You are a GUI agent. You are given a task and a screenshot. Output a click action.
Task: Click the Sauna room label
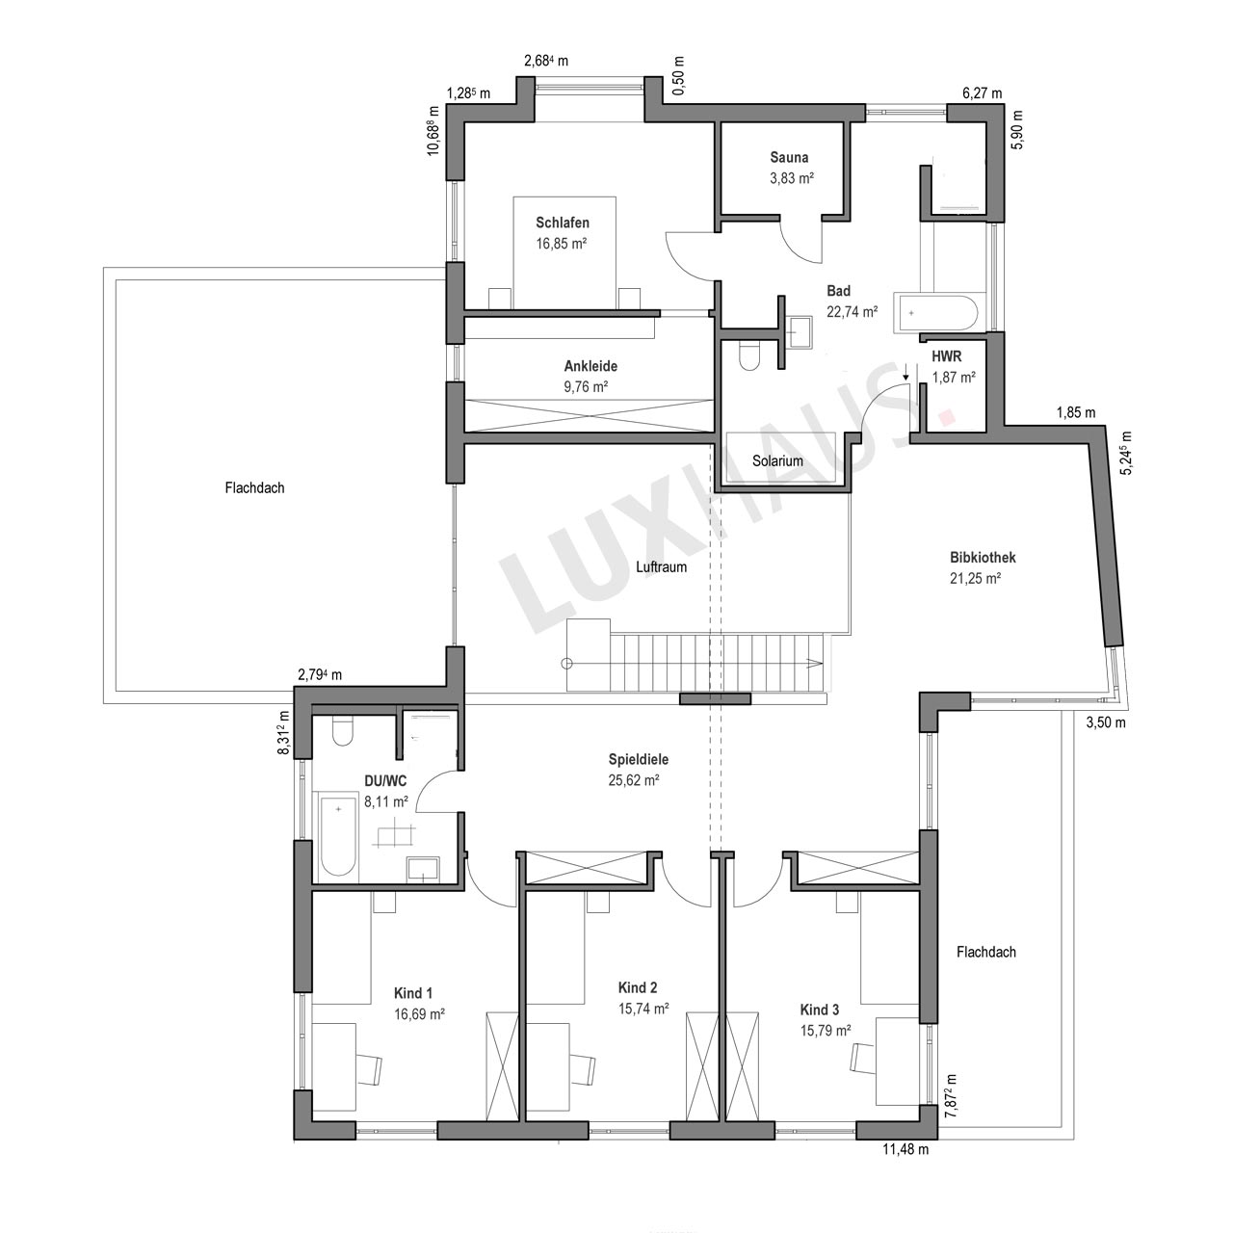point(789,157)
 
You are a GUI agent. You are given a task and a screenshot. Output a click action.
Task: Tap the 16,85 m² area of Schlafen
point(562,244)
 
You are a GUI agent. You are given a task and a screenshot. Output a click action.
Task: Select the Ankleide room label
point(590,366)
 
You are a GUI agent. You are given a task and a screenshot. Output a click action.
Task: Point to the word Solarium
point(777,460)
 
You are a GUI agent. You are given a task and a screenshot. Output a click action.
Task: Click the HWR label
point(946,356)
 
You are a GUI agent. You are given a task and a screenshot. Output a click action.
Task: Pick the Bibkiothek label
point(983,558)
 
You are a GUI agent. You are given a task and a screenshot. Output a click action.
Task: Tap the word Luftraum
point(661,567)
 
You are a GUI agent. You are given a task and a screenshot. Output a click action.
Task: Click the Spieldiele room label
point(639,759)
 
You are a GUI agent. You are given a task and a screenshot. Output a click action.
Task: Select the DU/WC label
point(385,780)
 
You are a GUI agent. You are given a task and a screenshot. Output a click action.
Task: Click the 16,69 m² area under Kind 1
point(419,1014)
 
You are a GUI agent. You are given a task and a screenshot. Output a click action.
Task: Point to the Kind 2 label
point(638,987)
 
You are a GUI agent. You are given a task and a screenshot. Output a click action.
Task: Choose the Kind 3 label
point(819,1010)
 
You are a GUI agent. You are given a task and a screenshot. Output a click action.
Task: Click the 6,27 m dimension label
point(983,93)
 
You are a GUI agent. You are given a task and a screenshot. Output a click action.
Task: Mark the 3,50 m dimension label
point(1106,723)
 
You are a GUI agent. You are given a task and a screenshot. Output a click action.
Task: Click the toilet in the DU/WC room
point(343,731)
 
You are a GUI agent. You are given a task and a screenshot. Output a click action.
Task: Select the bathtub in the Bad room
point(935,313)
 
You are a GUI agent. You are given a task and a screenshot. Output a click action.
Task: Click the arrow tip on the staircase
point(823,663)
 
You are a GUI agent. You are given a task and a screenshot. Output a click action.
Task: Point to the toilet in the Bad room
point(748,355)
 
